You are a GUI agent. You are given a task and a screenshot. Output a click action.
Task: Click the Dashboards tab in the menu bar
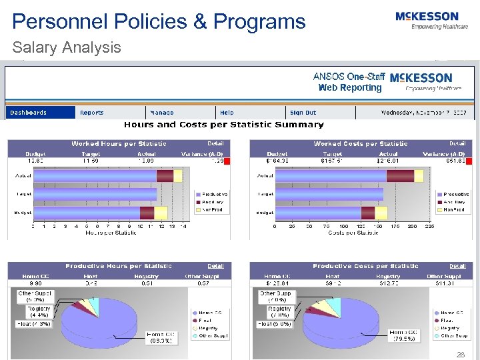tap(28, 113)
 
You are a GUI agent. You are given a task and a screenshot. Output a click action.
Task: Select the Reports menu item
tap(92, 113)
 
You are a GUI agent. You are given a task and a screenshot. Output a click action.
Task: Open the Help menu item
tap(227, 113)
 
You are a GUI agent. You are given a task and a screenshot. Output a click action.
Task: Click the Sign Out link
tap(303, 113)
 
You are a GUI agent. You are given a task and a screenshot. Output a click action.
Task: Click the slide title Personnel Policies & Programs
tap(159, 21)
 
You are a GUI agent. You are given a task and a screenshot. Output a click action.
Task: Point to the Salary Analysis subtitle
tap(67, 47)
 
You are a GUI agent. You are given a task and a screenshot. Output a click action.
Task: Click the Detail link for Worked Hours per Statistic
tap(215, 143)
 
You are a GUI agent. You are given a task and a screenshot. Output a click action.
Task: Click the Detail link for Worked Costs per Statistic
tap(457, 143)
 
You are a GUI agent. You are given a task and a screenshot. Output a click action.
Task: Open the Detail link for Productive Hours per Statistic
tap(215, 266)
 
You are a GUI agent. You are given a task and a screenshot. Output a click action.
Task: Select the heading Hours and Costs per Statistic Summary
tap(223, 125)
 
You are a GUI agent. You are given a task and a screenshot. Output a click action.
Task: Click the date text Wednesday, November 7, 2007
tap(427, 113)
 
